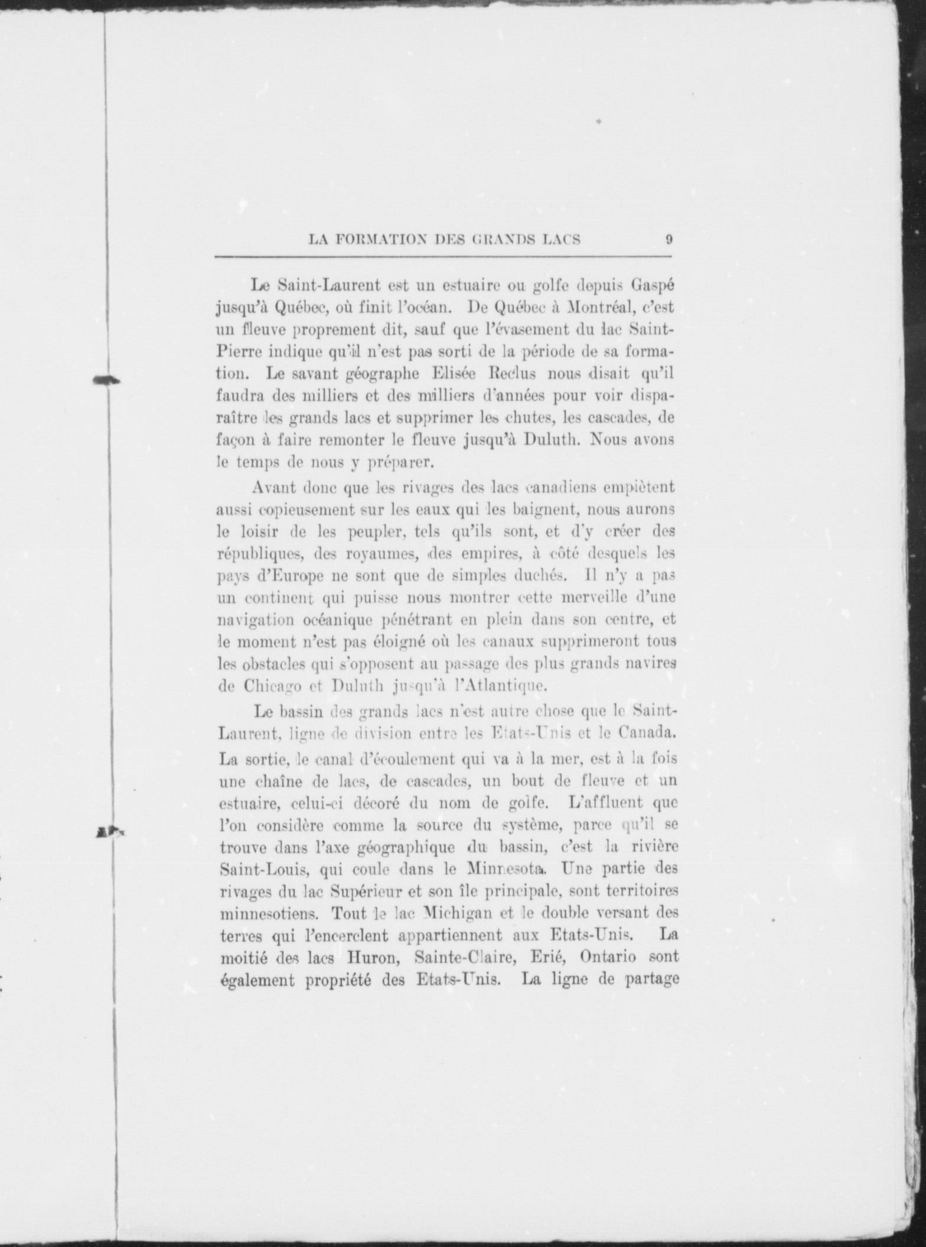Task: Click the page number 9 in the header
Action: click(x=669, y=240)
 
